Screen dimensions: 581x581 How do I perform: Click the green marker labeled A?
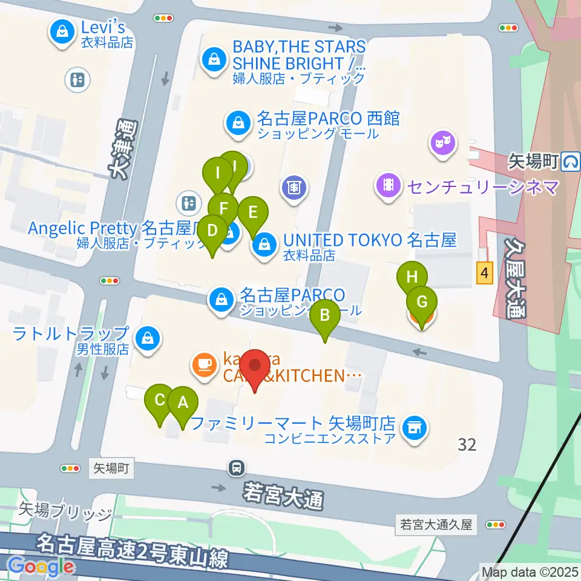click(x=182, y=402)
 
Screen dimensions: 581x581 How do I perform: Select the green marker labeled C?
click(x=160, y=400)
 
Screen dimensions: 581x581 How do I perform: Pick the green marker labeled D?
click(x=212, y=231)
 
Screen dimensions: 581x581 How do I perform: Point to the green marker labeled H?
click(x=412, y=278)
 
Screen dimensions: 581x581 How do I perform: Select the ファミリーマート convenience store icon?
click(x=415, y=427)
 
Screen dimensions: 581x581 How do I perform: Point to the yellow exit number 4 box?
click(x=483, y=274)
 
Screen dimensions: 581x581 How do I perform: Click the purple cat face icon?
click(x=443, y=143)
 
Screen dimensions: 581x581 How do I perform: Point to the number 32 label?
click(x=467, y=445)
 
